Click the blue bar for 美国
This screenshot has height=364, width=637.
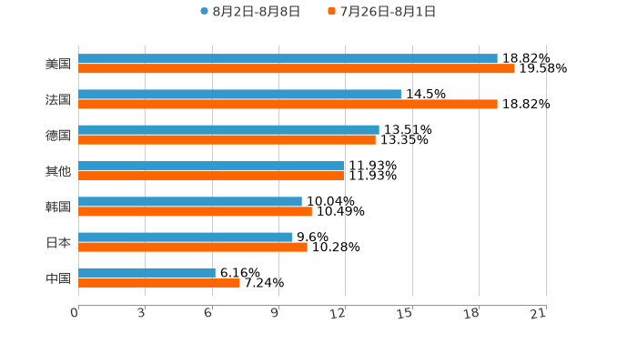[x=288, y=58]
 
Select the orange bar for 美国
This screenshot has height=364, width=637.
[x=297, y=68]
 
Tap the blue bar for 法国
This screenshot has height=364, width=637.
[x=239, y=94]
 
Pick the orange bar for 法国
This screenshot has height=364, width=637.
[x=288, y=104]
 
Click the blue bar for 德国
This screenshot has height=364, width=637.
[x=228, y=129]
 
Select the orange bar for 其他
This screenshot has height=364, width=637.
[x=211, y=176]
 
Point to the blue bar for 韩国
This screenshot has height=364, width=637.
[x=190, y=201]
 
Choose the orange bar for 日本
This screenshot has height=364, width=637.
[x=193, y=247]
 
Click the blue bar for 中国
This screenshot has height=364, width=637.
[x=147, y=272]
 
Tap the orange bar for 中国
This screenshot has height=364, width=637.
[x=159, y=282]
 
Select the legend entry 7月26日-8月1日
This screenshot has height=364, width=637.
[x=387, y=12]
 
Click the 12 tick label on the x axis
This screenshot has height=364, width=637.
[x=339, y=314]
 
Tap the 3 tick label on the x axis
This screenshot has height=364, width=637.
[x=141, y=314]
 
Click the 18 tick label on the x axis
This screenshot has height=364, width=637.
[x=471, y=314]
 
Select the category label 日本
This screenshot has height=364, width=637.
[x=58, y=242]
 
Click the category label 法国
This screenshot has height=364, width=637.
[x=58, y=99]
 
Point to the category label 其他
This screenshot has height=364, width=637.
[x=58, y=171]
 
